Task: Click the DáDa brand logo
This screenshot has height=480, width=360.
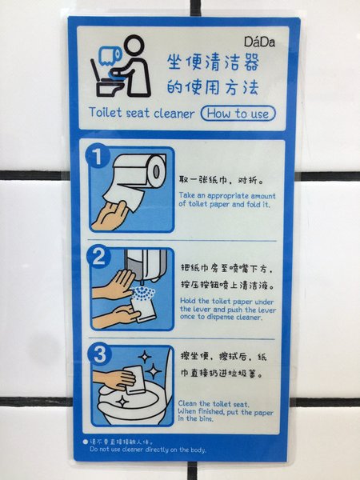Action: click(x=259, y=42)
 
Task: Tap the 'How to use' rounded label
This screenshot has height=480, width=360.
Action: click(x=238, y=114)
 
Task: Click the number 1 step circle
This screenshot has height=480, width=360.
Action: click(x=98, y=156)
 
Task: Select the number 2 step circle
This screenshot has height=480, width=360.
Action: click(x=98, y=257)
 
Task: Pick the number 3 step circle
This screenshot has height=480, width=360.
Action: click(x=99, y=354)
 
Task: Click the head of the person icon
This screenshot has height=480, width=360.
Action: click(x=134, y=46)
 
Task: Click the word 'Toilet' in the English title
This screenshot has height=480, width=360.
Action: click(x=106, y=112)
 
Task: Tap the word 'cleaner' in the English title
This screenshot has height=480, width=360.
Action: click(x=174, y=114)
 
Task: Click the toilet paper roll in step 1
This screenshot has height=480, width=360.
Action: click(x=139, y=170)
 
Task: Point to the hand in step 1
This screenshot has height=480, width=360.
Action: click(x=111, y=215)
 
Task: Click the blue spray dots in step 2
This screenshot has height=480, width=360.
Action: click(x=143, y=294)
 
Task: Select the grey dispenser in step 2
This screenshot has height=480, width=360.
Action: click(x=146, y=266)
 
